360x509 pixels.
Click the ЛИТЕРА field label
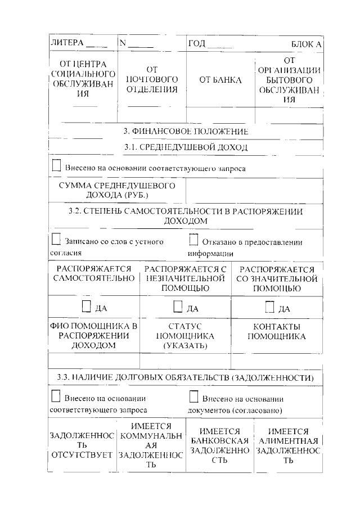tap(67, 43)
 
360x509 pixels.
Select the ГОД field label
tap(197, 43)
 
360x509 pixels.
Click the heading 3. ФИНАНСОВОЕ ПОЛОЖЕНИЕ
tap(186, 131)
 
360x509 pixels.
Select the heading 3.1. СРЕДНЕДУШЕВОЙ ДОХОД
tap(186, 147)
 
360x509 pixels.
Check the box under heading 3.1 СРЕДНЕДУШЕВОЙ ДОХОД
tap(56, 166)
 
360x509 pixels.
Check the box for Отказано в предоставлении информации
tap(193, 241)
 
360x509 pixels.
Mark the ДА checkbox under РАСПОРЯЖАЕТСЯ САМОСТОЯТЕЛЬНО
tap(86, 307)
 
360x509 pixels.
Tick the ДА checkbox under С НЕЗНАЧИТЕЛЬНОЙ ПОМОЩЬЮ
tap(178, 307)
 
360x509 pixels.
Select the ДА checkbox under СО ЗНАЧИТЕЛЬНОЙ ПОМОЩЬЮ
tap(269, 307)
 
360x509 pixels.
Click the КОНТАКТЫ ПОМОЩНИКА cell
tap(276, 332)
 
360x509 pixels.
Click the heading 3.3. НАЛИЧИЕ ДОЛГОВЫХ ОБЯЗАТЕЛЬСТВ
tap(186, 377)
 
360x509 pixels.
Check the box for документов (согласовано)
tap(193, 397)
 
